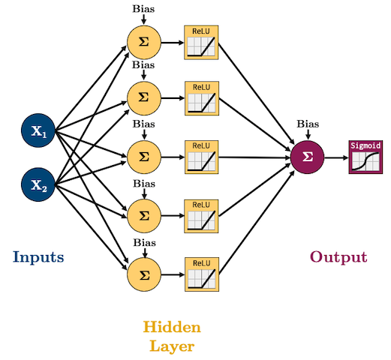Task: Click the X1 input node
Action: coord(38,130)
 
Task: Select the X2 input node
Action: coord(38,184)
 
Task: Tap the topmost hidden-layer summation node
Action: coord(144,42)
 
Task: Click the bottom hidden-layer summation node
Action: coord(144,274)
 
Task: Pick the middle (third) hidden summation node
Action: coord(144,157)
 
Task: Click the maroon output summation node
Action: coord(308,157)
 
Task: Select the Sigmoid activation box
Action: coord(365,157)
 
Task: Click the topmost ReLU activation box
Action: coord(201,43)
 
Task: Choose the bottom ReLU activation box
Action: coord(202,274)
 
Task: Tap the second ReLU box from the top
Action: coord(202,98)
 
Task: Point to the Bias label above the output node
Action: coord(308,124)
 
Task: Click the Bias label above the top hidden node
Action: coord(143,9)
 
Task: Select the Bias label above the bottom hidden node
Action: coord(145,242)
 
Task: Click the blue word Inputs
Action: coord(38,257)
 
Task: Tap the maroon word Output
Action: coord(338,257)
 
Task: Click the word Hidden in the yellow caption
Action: coord(172,327)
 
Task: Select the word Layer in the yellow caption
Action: coord(172,347)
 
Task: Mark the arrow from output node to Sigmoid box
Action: coord(336,157)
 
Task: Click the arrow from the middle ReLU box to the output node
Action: coord(254,157)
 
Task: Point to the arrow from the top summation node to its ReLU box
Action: coord(173,43)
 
